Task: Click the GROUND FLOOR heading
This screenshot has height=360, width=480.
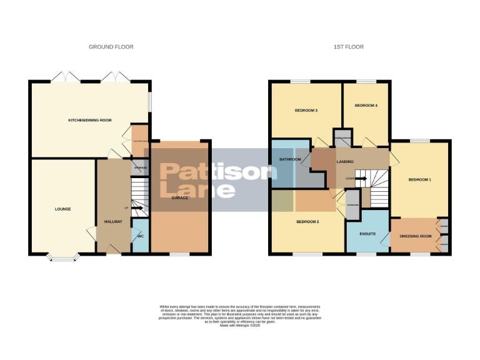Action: (111, 47)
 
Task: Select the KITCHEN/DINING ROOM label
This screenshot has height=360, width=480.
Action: (89, 119)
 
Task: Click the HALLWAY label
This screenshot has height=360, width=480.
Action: (112, 222)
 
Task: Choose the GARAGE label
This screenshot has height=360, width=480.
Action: (180, 197)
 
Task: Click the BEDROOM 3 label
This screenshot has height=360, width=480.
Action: (306, 111)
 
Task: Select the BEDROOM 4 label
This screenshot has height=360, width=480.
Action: (366, 106)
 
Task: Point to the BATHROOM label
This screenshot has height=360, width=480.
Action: (290, 159)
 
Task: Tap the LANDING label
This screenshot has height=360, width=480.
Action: (345, 162)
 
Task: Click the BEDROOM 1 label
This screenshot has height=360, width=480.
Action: (419, 179)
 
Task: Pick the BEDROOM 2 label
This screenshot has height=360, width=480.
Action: (308, 222)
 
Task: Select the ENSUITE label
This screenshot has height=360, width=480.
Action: (367, 233)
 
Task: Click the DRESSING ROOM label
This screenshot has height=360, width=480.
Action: (416, 236)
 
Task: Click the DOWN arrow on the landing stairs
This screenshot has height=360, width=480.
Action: (361, 178)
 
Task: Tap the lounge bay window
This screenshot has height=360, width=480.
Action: (62, 256)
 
